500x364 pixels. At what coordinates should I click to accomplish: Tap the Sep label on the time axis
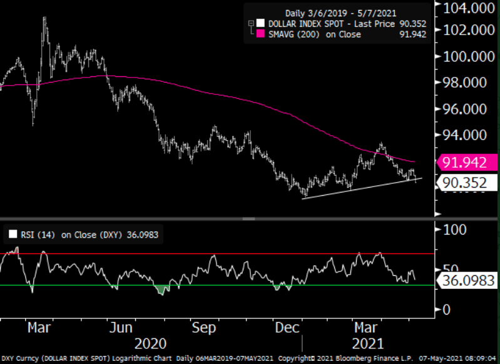[204, 327]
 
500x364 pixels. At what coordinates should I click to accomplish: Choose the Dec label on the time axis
[286, 327]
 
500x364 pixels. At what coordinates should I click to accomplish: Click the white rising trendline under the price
[363, 188]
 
